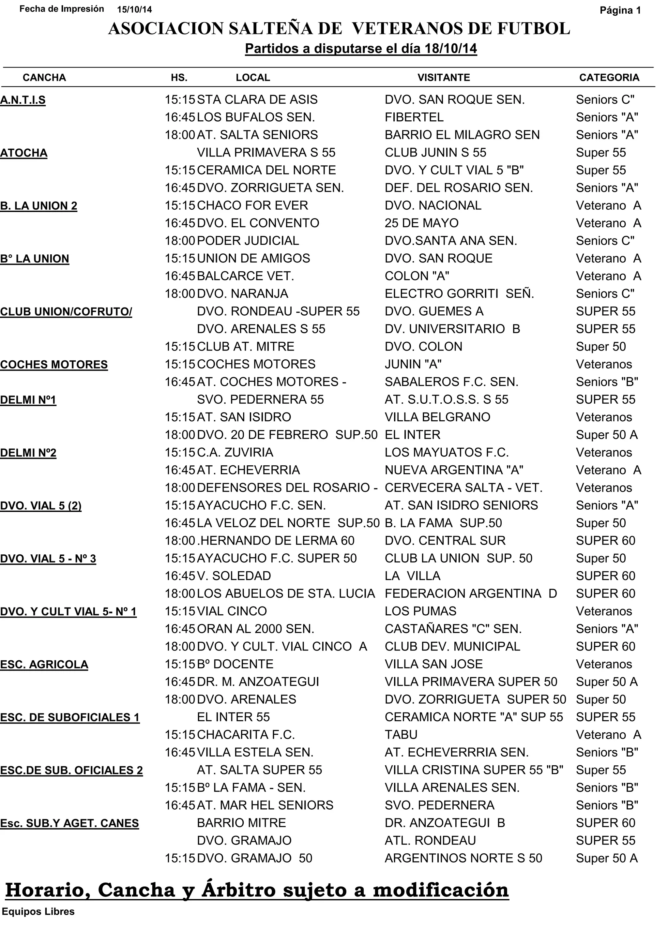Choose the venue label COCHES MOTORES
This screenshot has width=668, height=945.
(54, 365)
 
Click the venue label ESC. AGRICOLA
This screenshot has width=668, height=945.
(44, 665)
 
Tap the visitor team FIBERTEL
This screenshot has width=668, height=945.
(414, 117)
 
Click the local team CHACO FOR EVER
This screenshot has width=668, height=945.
(252, 205)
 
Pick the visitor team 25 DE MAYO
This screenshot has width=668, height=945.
(421, 223)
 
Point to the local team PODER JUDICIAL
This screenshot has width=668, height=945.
(248, 241)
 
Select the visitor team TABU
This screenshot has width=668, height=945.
(401, 735)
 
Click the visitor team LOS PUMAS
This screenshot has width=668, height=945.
(420, 611)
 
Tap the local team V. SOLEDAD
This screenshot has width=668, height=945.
(234, 576)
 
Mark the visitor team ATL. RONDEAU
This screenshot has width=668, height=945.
(430, 840)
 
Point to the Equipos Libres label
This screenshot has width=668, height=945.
(38, 912)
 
